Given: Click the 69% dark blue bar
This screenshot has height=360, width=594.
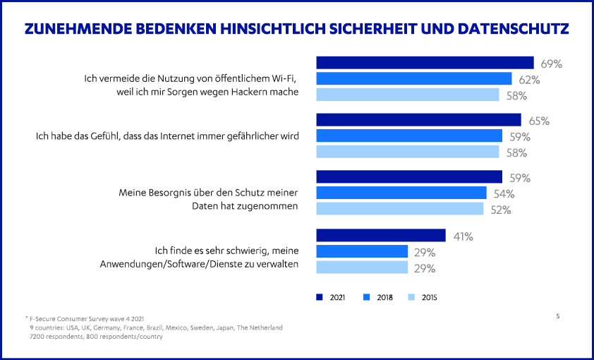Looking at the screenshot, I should pyautogui.click(x=425, y=63).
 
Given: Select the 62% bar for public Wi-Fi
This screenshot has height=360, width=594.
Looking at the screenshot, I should pyautogui.click(x=414, y=78).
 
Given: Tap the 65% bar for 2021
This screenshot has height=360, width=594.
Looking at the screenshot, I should pyautogui.click(x=418, y=120).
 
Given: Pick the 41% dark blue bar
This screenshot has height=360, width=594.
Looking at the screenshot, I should pyautogui.click(x=381, y=235).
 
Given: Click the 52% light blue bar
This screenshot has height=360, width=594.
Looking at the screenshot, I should pyautogui.click(x=400, y=208).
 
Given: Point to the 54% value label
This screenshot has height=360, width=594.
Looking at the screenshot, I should pyautogui.click(x=504, y=193).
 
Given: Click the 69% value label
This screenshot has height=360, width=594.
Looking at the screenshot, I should pyautogui.click(x=551, y=64).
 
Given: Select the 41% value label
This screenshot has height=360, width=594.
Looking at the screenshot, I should pyautogui.click(x=462, y=236).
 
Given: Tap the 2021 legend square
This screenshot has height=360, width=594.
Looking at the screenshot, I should pyautogui.click(x=320, y=297).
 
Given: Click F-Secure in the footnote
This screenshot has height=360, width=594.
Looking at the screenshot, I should pyautogui.click(x=44, y=319).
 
